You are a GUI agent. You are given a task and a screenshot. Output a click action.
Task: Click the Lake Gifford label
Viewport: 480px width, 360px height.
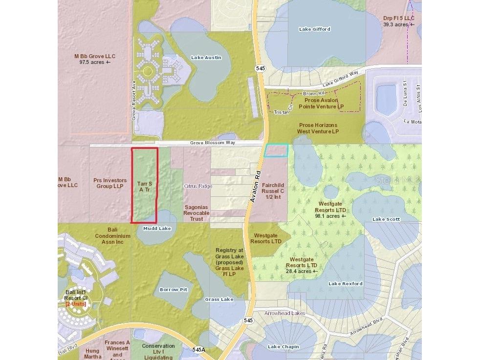click(x=315, y=29)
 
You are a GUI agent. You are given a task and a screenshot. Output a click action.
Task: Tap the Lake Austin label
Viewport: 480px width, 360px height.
click(x=206, y=58)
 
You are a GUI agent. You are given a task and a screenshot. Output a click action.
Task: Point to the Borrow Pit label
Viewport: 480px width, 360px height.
click(x=174, y=290)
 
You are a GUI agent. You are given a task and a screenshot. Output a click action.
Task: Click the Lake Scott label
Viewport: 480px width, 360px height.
click(x=386, y=219)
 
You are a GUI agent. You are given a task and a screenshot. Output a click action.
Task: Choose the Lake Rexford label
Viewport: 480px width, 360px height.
click(x=346, y=284)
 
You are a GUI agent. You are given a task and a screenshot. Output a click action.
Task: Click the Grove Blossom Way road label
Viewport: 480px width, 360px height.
click(x=213, y=143)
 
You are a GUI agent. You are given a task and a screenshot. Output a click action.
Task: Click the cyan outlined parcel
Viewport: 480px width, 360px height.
click(x=276, y=150)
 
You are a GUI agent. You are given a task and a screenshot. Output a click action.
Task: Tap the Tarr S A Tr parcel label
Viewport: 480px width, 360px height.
click(x=144, y=187)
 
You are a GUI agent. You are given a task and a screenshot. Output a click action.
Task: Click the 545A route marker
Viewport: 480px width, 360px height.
click(x=199, y=350)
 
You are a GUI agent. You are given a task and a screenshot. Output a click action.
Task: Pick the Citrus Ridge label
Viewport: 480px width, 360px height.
click(x=197, y=186)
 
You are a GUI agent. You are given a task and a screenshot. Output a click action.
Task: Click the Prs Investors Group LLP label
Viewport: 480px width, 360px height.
click(x=110, y=183)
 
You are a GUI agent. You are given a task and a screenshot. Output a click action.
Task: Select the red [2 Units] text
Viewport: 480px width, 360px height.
click(x=76, y=304)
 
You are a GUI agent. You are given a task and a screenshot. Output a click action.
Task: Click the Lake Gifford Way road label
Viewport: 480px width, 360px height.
click(x=340, y=78)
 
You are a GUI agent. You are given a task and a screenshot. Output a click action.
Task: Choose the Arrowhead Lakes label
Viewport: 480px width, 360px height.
click(x=284, y=313)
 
